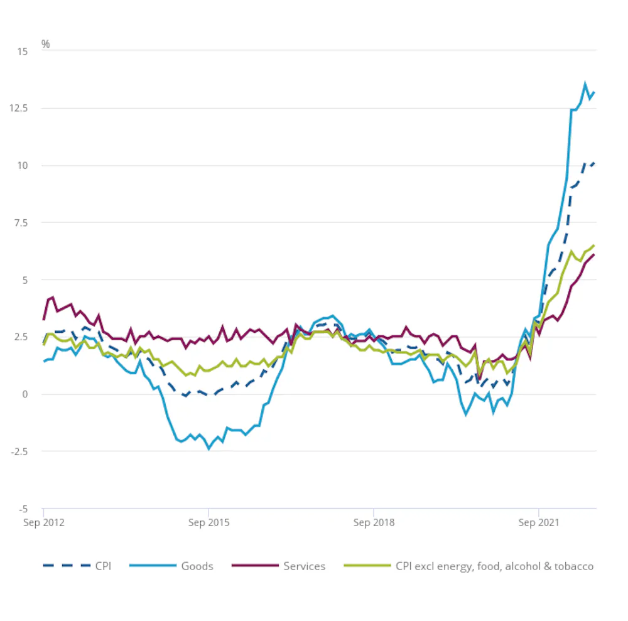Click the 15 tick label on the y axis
click(x=23, y=51)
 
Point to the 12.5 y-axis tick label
click(x=19, y=109)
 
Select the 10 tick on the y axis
click(x=23, y=166)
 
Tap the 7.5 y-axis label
click(x=21, y=223)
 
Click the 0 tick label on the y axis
click(x=25, y=394)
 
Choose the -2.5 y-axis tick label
click(x=20, y=451)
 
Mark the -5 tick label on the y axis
click(x=24, y=509)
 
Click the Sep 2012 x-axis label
click(x=43, y=522)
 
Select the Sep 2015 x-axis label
click(x=208, y=522)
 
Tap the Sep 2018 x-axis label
click(x=374, y=522)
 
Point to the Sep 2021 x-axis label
click(x=539, y=522)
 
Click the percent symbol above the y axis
click(x=46, y=44)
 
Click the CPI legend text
click(x=103, y=566)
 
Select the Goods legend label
click(x=197, y=566)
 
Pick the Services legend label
click(x=305, y=566)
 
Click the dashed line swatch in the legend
click(x=66, y=566)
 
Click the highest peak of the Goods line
click(x=585, y=84)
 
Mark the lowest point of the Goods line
click(x=208, y=449)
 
